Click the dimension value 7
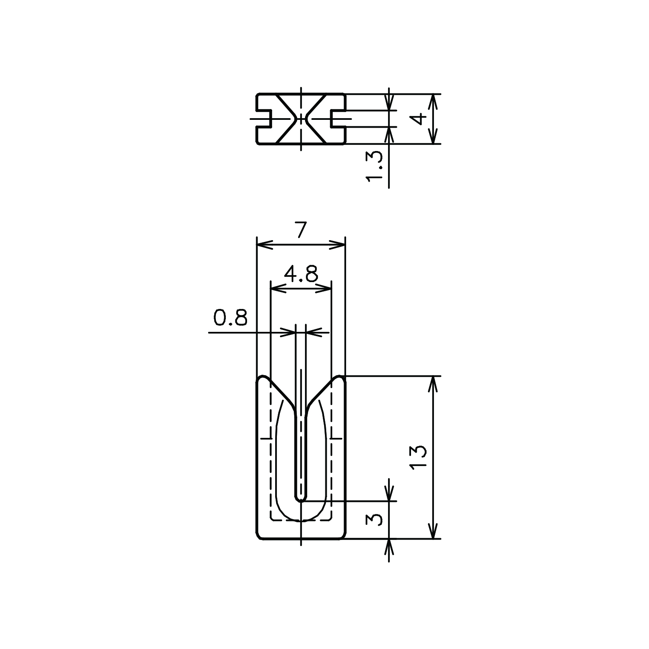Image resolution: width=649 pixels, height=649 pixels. coord(301,230)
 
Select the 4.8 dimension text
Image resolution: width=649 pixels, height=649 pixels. coord(301,273)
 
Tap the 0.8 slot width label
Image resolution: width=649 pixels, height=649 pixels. coord(230,318)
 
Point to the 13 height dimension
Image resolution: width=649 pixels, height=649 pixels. coord(419,458)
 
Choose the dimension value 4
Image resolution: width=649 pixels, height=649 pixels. coord(418,119)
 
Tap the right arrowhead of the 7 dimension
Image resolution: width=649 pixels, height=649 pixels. coord(337,245)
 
